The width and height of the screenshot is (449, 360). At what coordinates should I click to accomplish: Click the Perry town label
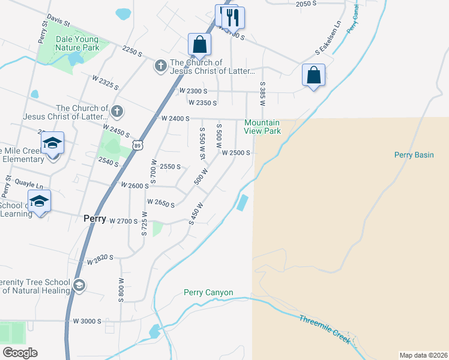(x=95, y=220)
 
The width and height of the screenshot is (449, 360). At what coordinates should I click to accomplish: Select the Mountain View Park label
(x=262, y=127)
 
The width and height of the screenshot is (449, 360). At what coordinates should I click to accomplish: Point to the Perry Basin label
(x=414, y=155)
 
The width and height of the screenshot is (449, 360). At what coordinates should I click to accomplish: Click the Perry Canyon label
(x=208, y=293)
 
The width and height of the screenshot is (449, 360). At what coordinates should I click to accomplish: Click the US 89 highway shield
(x=138, y=145)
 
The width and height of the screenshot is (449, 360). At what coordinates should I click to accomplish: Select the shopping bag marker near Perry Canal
(x=313, y=76)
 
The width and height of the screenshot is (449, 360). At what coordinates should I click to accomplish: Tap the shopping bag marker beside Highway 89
(x=199, y=44)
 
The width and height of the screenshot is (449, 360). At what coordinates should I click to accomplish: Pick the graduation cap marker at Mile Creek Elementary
(x=53, y=143)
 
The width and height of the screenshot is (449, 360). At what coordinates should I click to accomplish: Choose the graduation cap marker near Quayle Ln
(x=40, y=201)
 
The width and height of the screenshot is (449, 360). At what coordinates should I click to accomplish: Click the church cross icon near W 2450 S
(x=116, y=111)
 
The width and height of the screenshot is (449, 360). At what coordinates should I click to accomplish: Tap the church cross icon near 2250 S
(x=160, y=65)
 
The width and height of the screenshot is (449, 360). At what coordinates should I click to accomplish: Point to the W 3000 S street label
(x=88, y=322)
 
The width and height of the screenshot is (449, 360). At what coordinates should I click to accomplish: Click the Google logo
(x=19, y=353)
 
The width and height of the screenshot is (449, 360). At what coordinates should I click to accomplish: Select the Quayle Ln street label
(x=29, y=185)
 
